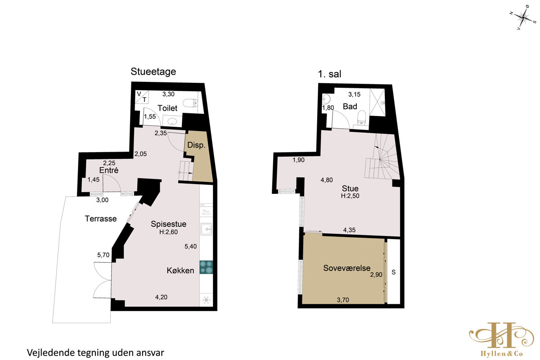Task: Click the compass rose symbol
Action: click(x=523, y=18)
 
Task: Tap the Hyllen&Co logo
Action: click(x=501, y=339)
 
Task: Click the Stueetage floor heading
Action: click(x=153, y=72)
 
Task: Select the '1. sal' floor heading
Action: click(x=329, y=74)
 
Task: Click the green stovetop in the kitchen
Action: click(x=206, y=267)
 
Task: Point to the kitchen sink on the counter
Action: click(x=206, y=229)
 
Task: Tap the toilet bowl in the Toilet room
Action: click(x=190, y=103)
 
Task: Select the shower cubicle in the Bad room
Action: click(x=377, y=103)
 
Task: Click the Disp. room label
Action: click(x=196, y=145)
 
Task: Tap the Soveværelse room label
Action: click(x=346, y=268)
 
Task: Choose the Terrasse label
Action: click(x=101, y=219)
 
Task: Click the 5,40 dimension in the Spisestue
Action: click(x=190, y=247)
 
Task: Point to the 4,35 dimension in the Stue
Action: click(x=349, y=230)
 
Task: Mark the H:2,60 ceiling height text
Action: click(x=168, y=232)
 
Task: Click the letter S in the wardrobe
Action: click(x=393, y=272)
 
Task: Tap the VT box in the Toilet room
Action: click(x=141, y=97)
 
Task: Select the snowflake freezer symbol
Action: click(x=206, y=300)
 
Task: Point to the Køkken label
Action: click(x=180, y=270)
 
